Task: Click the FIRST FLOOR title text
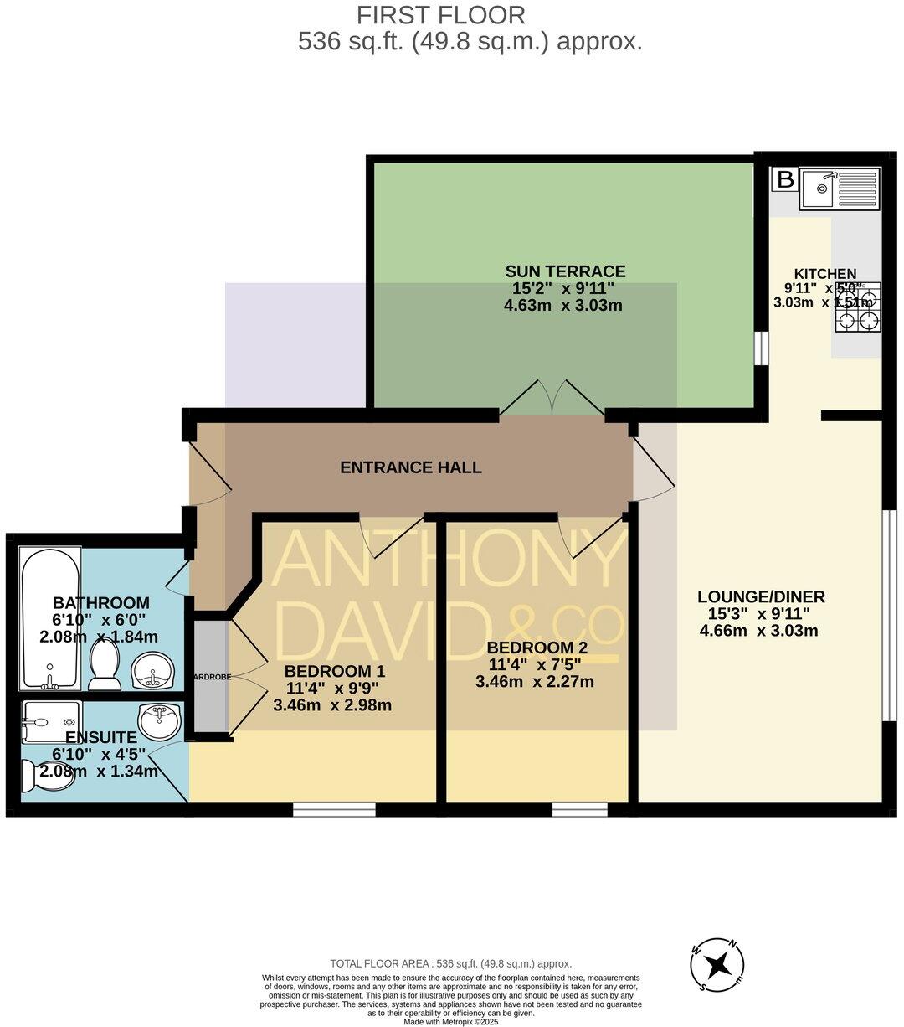point(441,15)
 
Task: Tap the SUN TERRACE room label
point(565,271)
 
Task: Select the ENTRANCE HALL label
point(410,467)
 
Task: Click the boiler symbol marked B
point(785,179)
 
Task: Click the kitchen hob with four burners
point(858,307)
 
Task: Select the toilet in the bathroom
point(105,663)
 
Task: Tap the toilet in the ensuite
point(42,775)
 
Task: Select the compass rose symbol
point(717,965)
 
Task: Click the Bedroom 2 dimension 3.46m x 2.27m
point(535,682)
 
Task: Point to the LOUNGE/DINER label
point(761,597)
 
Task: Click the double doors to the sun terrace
point(552,399)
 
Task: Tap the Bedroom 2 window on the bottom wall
point(579,809)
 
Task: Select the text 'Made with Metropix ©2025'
point(450,1021)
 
